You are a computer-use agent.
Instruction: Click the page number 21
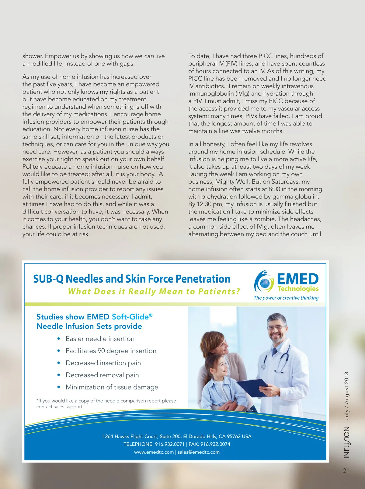[x=346, y=470]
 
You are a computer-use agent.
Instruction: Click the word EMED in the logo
[x=297, y=279]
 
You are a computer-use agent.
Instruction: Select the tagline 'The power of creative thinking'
[x=286, y=298]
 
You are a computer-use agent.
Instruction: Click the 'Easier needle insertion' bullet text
[x=100, y=339]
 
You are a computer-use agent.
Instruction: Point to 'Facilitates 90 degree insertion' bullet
[x=111, y=351]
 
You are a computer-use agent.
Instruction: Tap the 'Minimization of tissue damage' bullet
[x=112, y=387]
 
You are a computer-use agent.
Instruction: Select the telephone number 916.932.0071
[x=169, y=444]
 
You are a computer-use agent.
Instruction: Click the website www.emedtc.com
[x=154, y=452]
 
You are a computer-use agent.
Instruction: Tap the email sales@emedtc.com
[x=198, y=452]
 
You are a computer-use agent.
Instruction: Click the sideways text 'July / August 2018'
[x=346, y=396]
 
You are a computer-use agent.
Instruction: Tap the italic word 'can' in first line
[x=149, y=56]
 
